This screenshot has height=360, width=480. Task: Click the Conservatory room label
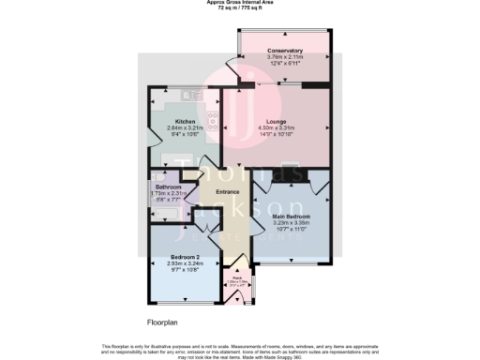coord(284,50)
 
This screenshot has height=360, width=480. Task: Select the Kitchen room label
coord(186,122)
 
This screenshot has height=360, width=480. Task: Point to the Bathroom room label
coord(169,187)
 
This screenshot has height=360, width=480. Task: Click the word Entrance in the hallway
coord(229,193)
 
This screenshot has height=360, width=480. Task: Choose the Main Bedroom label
coord(291,217)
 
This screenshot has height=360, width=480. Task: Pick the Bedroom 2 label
coord(185,257)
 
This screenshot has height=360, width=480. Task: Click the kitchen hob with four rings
coord(212,119)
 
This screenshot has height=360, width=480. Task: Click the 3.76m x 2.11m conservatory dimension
coord(284,56)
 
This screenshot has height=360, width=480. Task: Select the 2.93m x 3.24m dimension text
coord(185,263)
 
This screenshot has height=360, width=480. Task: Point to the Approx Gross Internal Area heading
coord(240,2)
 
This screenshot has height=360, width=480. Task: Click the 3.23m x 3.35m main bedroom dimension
coord(291,223)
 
